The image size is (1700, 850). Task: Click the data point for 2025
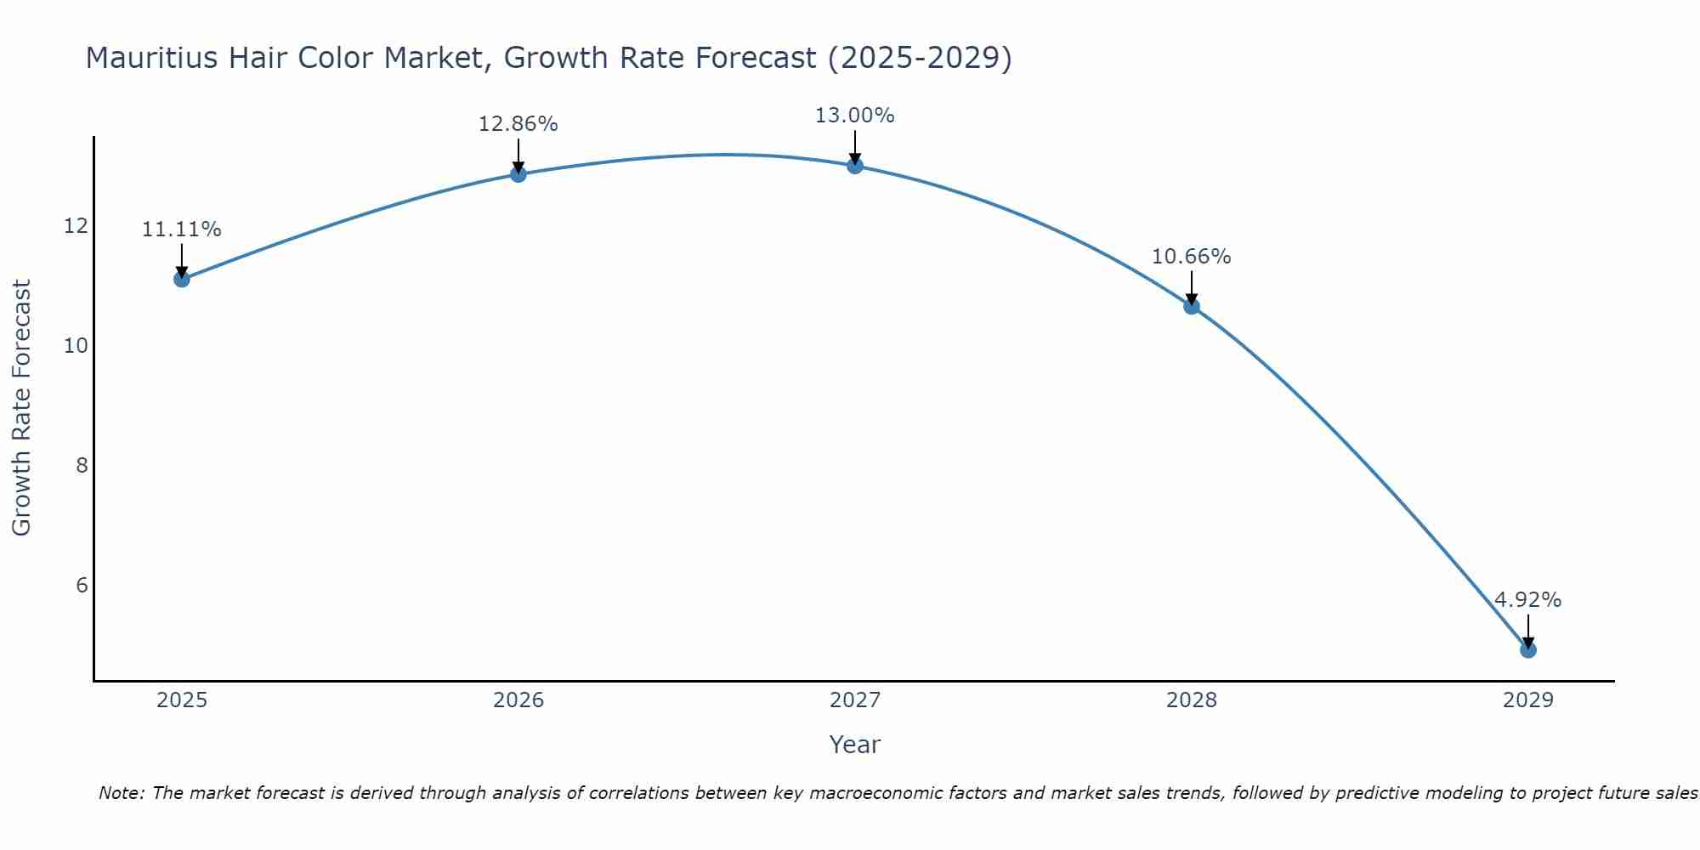click(182, 279)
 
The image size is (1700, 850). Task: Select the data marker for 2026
click(518, 174)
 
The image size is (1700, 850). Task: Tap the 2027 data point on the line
click(855, 166)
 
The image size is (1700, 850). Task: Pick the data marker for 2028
click(1192, 306)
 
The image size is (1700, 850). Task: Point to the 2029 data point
click(1528, 650)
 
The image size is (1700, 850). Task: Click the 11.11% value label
click(182, 229)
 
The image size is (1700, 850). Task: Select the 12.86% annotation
click(518, 124)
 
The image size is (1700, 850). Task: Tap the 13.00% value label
click(855, 116)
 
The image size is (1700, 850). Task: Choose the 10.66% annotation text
click(1192, 257)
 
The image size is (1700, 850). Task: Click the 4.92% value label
click(1528, 600)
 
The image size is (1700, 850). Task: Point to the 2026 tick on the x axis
click(518, 700)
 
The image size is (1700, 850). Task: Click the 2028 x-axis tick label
click(1192, 700)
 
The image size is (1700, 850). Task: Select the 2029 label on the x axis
click(1528, 700)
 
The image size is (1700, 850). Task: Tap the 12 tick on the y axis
click(76, 226)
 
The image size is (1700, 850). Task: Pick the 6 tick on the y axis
click(82, 585)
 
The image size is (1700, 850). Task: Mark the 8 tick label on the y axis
click(82, 465)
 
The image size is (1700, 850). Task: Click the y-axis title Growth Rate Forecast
click(21, 408)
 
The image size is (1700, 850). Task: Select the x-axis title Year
click(855, 745)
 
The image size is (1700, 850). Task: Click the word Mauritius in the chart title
click(144, 58)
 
